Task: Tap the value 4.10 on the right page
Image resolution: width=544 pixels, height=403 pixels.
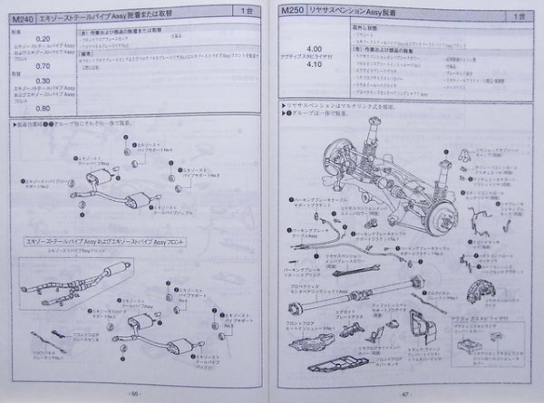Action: (x=316, y=66)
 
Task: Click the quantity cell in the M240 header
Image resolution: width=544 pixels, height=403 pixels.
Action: (x=248, y=12)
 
